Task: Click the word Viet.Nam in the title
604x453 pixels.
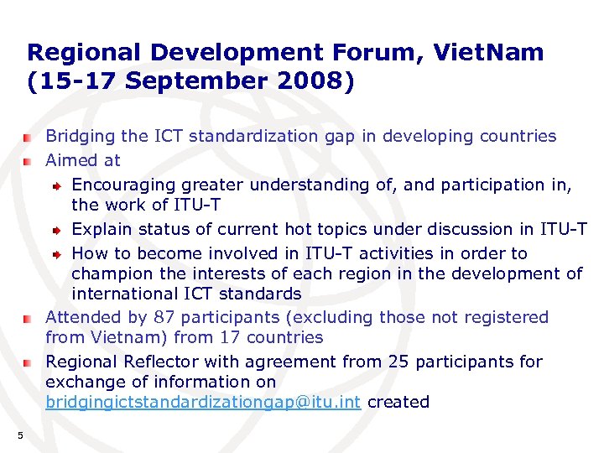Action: [x=488, y=53]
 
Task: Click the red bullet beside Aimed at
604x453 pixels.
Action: [x=28, y=160]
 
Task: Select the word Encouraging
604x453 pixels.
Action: [x=121, y=184]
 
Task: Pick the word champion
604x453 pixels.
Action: [x=110, y=273]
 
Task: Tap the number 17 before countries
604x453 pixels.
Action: [x=229, y=337]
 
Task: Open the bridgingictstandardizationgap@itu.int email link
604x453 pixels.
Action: [x=203, y=402]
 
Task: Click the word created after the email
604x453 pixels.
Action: [x=398, y=402]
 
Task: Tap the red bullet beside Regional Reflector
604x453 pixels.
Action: [x=28, y=362]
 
